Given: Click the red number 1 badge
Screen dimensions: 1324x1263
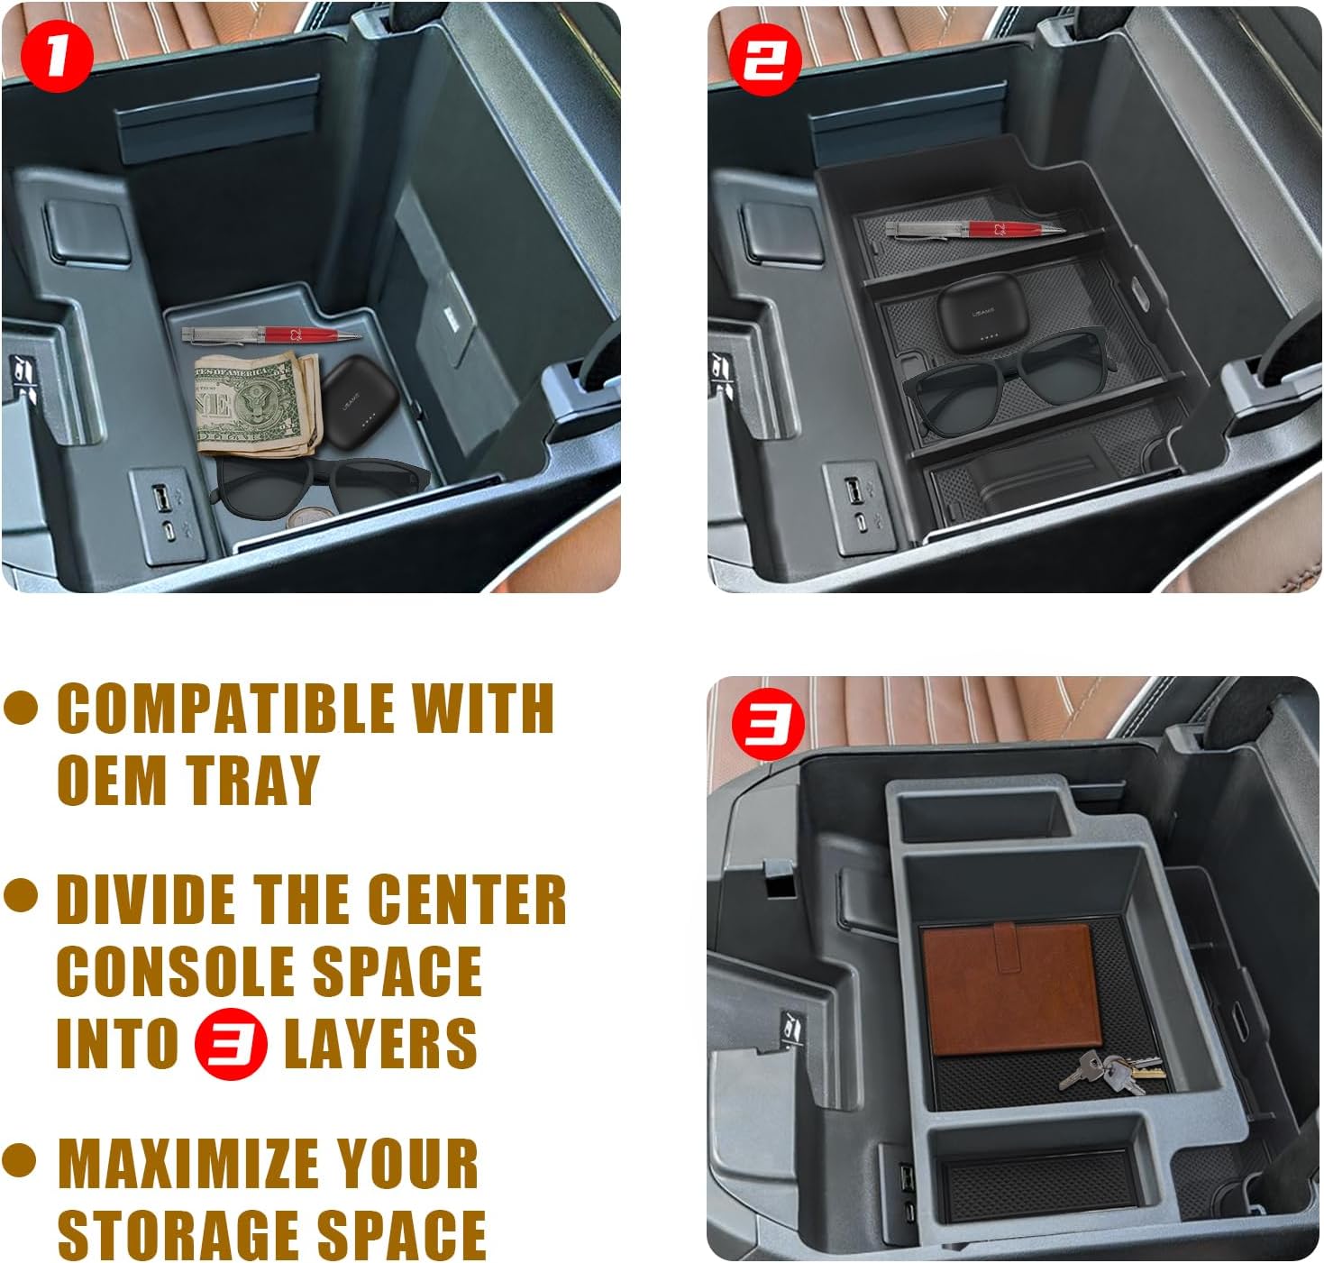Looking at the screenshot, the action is click(x=57, y=56).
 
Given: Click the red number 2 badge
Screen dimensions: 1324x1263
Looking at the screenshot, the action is click(x=766, y=59).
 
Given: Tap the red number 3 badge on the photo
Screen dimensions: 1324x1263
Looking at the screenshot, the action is click(x=769, y=725).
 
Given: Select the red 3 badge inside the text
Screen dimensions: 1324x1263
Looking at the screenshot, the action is click(x=231, y=1043).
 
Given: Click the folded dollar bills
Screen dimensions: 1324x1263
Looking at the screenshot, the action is click(x=257, y=404).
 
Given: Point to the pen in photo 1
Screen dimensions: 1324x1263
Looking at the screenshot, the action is click(x=271, y=334).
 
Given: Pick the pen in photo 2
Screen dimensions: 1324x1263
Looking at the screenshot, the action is click(x=975, y=229).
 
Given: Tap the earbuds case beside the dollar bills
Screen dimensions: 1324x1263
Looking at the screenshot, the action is click(x=359, y=402).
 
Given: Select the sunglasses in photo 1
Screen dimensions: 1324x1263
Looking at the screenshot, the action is click(x=318, y=486).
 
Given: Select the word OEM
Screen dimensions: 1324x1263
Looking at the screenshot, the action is click(x=112, y=779).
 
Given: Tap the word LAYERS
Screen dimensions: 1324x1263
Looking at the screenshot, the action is click(x=380, y=1043).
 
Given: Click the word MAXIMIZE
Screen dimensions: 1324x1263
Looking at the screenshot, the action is click(x=188, y=1163).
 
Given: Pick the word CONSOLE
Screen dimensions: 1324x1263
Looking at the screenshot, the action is click(x=176, y=971).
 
